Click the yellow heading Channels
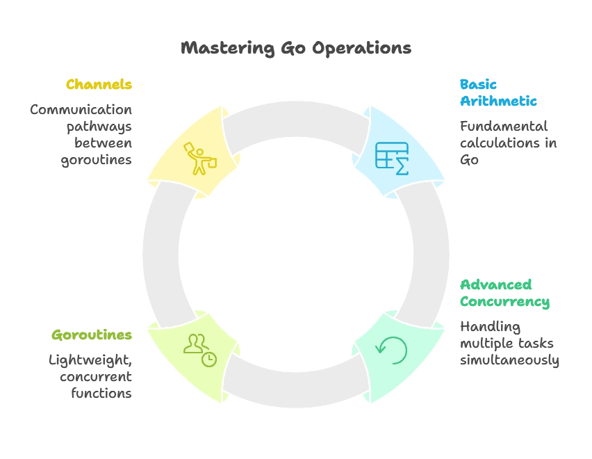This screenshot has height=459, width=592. [x=99, y=85]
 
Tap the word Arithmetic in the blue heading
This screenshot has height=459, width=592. [x=499, y=102]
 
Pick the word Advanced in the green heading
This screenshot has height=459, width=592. [x=496, y=285]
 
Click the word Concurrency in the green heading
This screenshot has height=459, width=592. [x=504, y=303]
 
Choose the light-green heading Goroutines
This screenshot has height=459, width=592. [x=92, y=335]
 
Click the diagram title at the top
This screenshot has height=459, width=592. [x=295, y=49]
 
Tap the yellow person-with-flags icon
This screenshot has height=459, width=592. [x=199, y=158]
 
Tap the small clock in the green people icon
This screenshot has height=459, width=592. [x=208, y=359]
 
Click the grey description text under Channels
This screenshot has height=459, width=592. [x=81, y=134]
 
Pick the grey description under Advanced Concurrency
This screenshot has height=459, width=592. [x=507, y=344]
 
